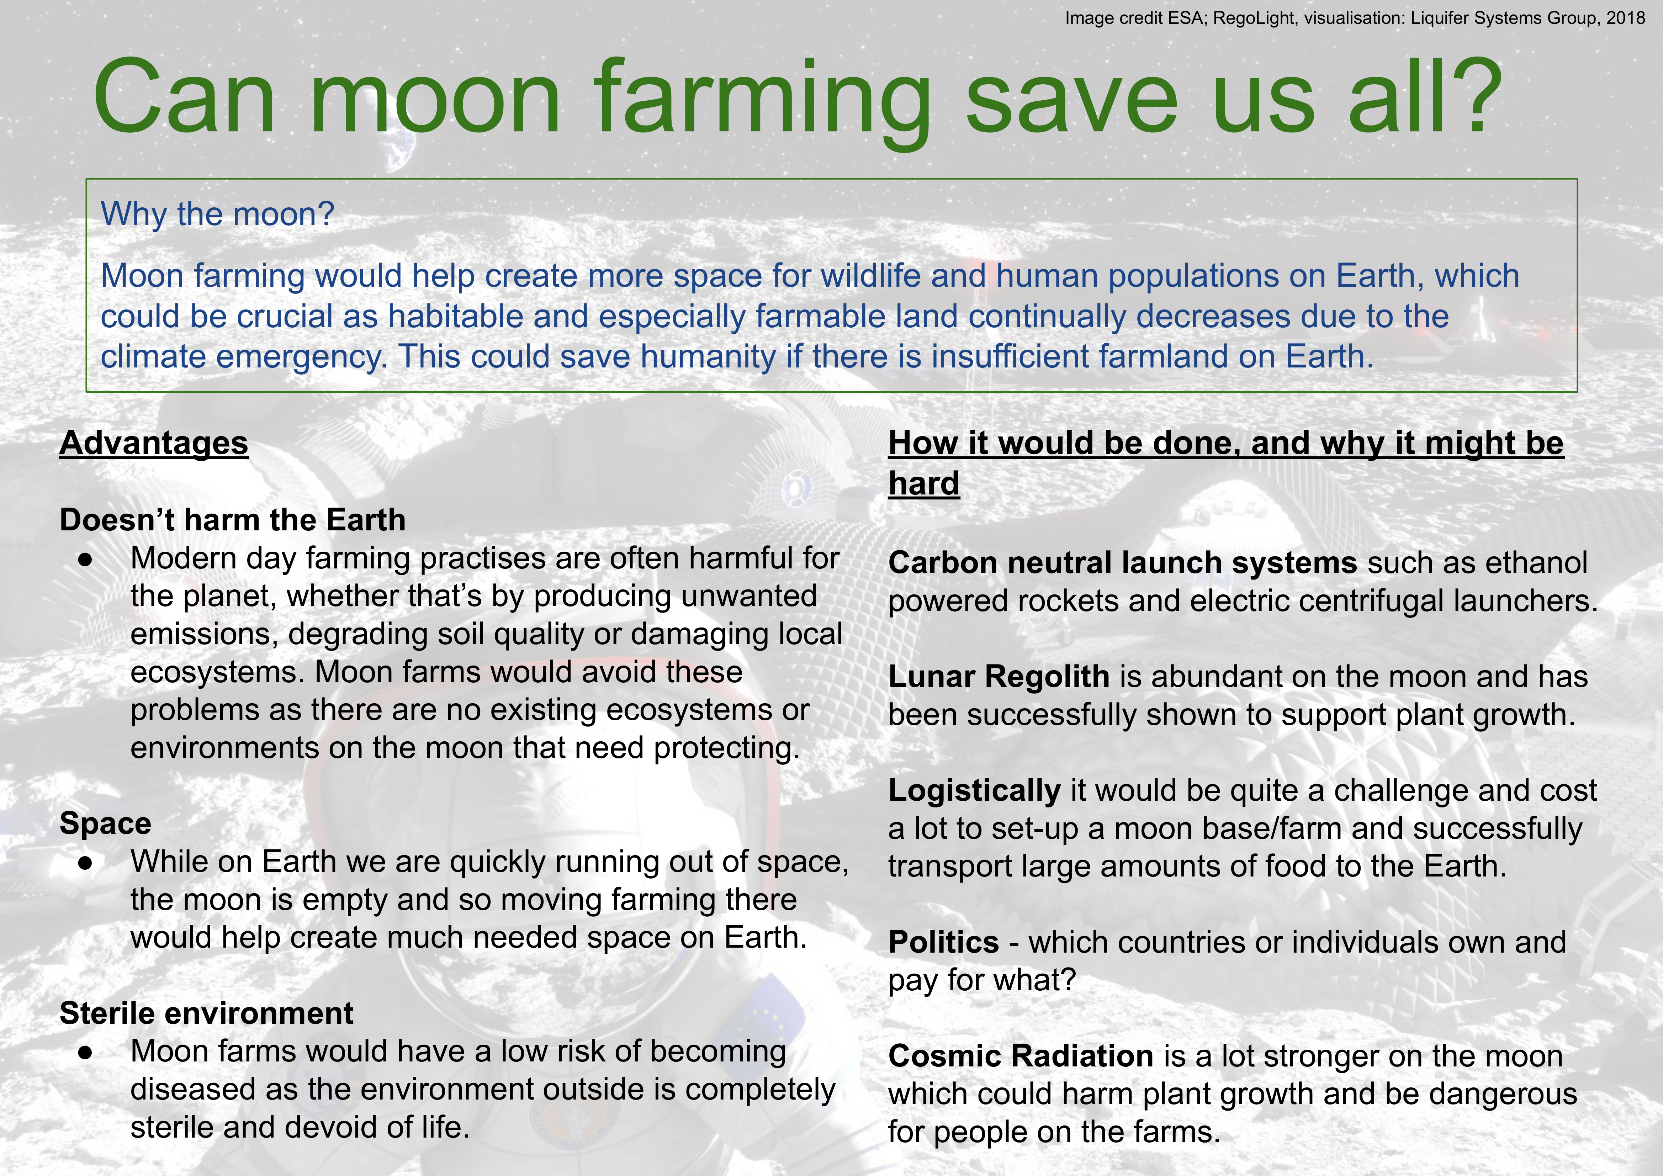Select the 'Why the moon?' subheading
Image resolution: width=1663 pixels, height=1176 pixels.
click(217, 214)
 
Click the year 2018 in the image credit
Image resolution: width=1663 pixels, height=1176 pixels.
click(1626, 18)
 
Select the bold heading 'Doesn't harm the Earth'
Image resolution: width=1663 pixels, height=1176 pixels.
click(233, 520)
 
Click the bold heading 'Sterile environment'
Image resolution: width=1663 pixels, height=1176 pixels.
click(206, 1013)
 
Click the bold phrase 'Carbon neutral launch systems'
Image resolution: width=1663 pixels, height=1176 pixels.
click(1123, 563)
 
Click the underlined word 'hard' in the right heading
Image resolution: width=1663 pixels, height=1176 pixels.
click(924, 483)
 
